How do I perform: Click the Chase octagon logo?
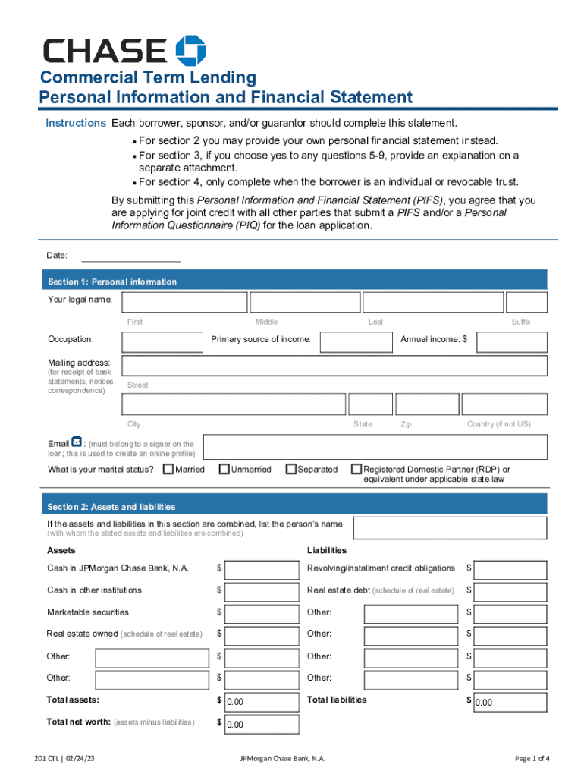(190, 50)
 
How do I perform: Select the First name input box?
(184, 302)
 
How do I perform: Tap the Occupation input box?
(162, 341)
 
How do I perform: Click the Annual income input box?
(511, 341)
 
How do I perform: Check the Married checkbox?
(168, 470)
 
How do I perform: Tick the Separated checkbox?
(291, 470)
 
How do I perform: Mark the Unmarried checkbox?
(224, 470)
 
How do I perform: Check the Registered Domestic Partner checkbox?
(356, 470)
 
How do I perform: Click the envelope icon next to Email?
(77, 442)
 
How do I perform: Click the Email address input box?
(375, 447)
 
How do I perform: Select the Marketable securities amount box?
(256, 613)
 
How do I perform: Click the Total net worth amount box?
(256, 724)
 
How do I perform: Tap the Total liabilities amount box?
(510, 702)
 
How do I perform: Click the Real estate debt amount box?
(510, 591)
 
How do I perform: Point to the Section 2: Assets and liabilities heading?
(111, 507)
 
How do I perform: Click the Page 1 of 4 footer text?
(532, 759)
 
